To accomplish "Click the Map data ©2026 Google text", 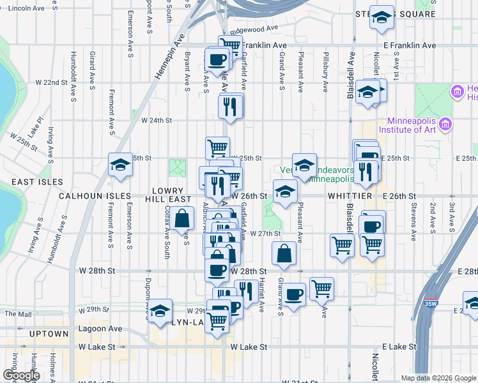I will click(x=437, y=378).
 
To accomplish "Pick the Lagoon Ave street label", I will click(x=100, y=329).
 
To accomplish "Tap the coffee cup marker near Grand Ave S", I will click(x=293, y=294).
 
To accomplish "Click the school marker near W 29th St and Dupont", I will click(x=160, y=311).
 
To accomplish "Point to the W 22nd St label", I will click(x=51, y=83).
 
